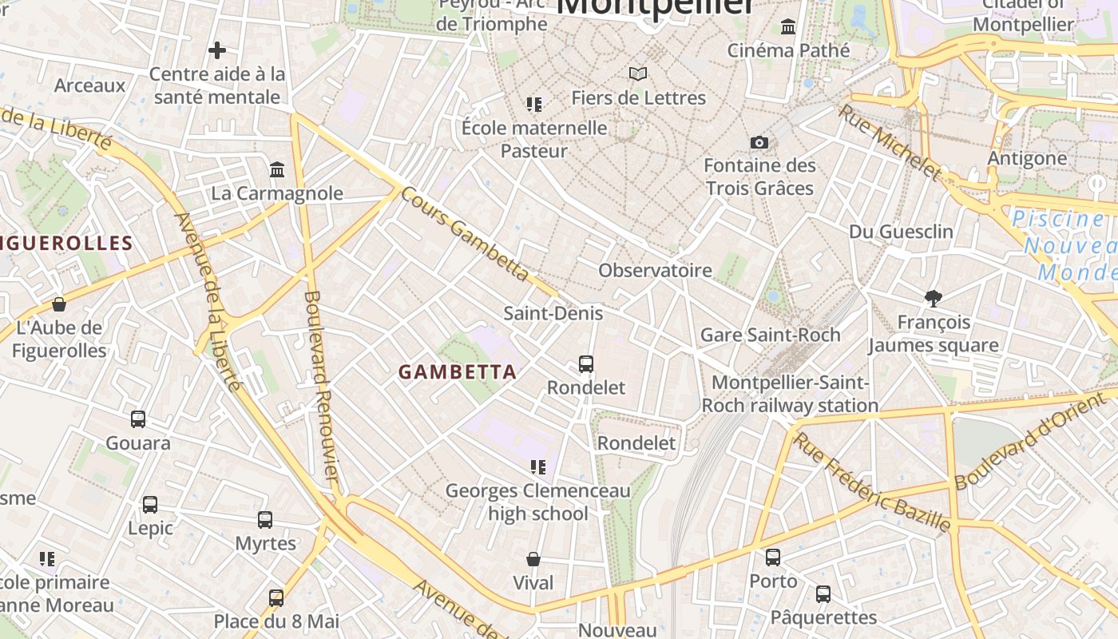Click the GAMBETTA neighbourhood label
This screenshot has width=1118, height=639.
pos(457,372)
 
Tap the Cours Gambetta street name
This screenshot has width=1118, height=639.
pos(465,233)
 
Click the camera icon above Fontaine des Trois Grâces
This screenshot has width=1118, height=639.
pos(759,143)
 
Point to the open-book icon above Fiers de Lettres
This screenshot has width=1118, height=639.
pos(637,74)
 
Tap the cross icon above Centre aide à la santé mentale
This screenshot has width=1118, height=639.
pos(216,51)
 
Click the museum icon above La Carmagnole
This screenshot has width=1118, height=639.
pos(277,169)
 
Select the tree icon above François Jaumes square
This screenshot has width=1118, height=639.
pos(933,299)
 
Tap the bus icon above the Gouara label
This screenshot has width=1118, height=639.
pos(138,419)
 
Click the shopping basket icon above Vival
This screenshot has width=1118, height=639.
pos(533,559)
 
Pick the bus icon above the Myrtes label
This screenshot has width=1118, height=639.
pos(265,520)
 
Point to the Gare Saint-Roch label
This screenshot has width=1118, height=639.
pos(770,335)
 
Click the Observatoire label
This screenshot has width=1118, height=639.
pos(655,270)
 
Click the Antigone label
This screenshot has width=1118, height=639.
pos(1027,158)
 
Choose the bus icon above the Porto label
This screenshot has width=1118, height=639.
pos(773,558)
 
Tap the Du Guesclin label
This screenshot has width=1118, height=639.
pos(901,232)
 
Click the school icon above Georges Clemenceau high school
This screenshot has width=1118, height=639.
pos(537,467)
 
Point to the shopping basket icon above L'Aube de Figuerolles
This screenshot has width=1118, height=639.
pos(58,304)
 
